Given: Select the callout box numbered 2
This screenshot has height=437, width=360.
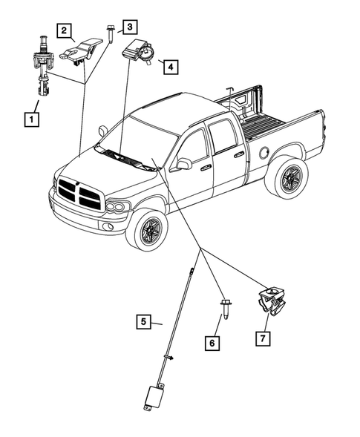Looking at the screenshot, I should point(65,30).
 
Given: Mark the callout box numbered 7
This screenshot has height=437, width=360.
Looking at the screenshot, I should point(264,338).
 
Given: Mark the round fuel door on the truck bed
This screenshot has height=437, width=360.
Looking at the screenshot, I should point(264,153).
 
